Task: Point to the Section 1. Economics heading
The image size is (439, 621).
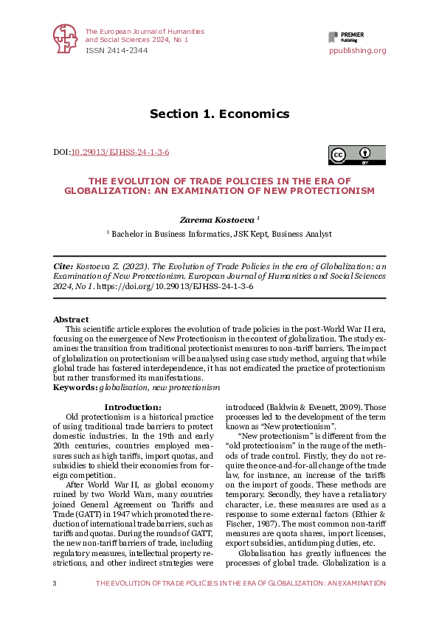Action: click(x=219, y=114)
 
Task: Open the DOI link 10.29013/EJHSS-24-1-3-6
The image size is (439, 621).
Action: click(x=120, y=152)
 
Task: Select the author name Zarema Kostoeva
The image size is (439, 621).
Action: click(x=217, y=219)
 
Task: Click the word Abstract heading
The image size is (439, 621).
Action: click(x=71, y=319)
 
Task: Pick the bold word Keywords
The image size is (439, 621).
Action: click(x=75, y=386)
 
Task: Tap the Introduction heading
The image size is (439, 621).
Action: click(x=133, y=407)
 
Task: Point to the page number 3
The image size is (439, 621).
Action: click(x=55, y=583)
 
